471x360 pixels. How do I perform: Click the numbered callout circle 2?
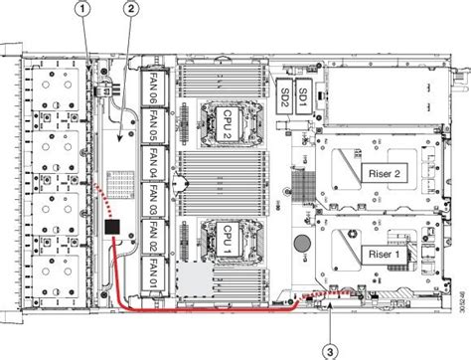click(x=131, y=10)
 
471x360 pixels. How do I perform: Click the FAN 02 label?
click(x=154, y=234)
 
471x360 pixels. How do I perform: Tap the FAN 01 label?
click(x=154, y=270)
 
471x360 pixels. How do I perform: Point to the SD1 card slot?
click(x=304, y=91)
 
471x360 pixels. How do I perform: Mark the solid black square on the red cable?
click(x=112, y=230)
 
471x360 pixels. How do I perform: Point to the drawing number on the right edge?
click(x=460, y=292)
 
